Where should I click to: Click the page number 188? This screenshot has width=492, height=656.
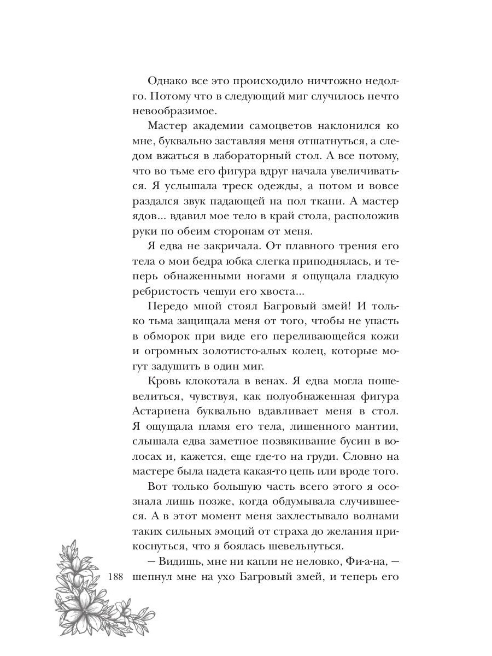tap(118, 577)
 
